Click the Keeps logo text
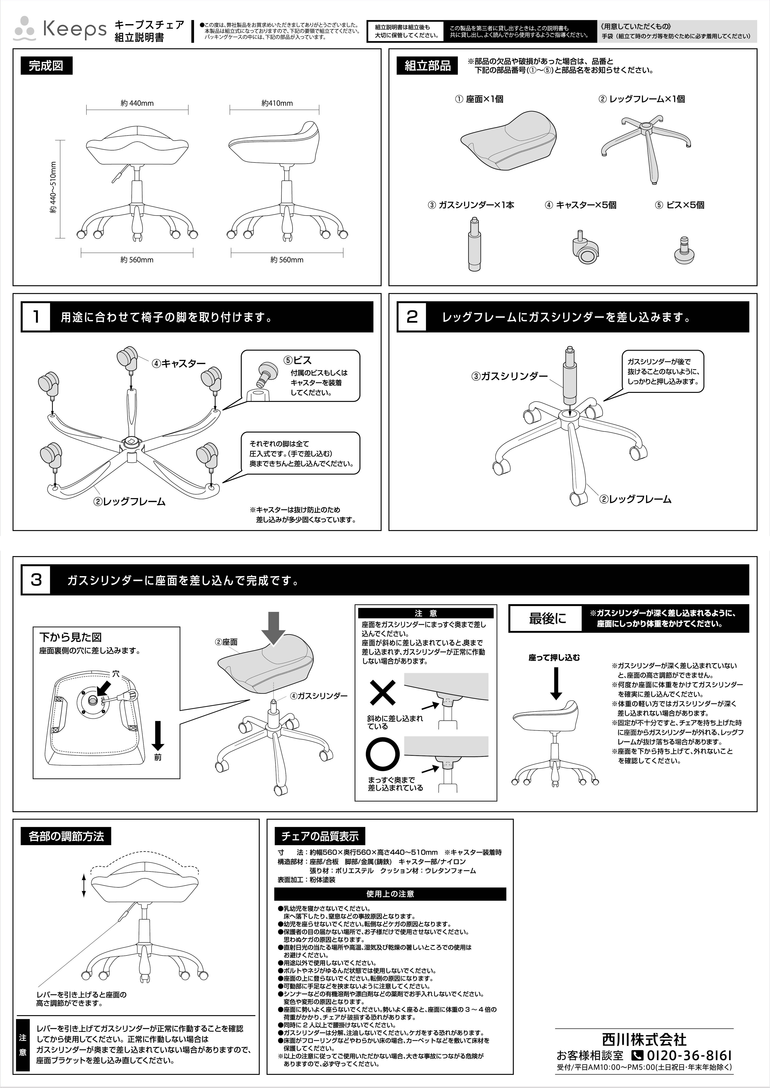coord(75,30)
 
